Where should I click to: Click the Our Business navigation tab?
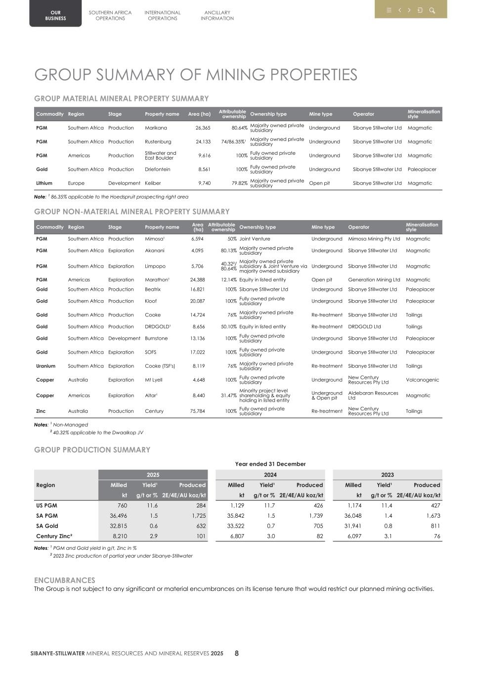[55, 15]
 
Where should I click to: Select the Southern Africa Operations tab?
[110, 15]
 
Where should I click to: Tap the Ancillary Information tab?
[217, 15]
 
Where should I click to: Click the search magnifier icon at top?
[432, 10]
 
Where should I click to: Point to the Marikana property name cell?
[156, 128]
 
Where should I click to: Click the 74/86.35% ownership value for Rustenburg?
[233, 142]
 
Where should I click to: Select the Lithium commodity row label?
[44, 183]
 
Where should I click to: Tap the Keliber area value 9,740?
[204, 183]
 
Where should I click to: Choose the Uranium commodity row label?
[46, 366]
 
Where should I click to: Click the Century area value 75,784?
[197, 411]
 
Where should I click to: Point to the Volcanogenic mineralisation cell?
[422, 380]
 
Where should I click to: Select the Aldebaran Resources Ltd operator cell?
[373, 396]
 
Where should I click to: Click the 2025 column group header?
[153, 475]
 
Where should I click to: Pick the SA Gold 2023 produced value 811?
[434, 526]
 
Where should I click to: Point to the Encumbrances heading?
[64, 580]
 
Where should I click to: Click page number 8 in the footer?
[237, 653]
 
